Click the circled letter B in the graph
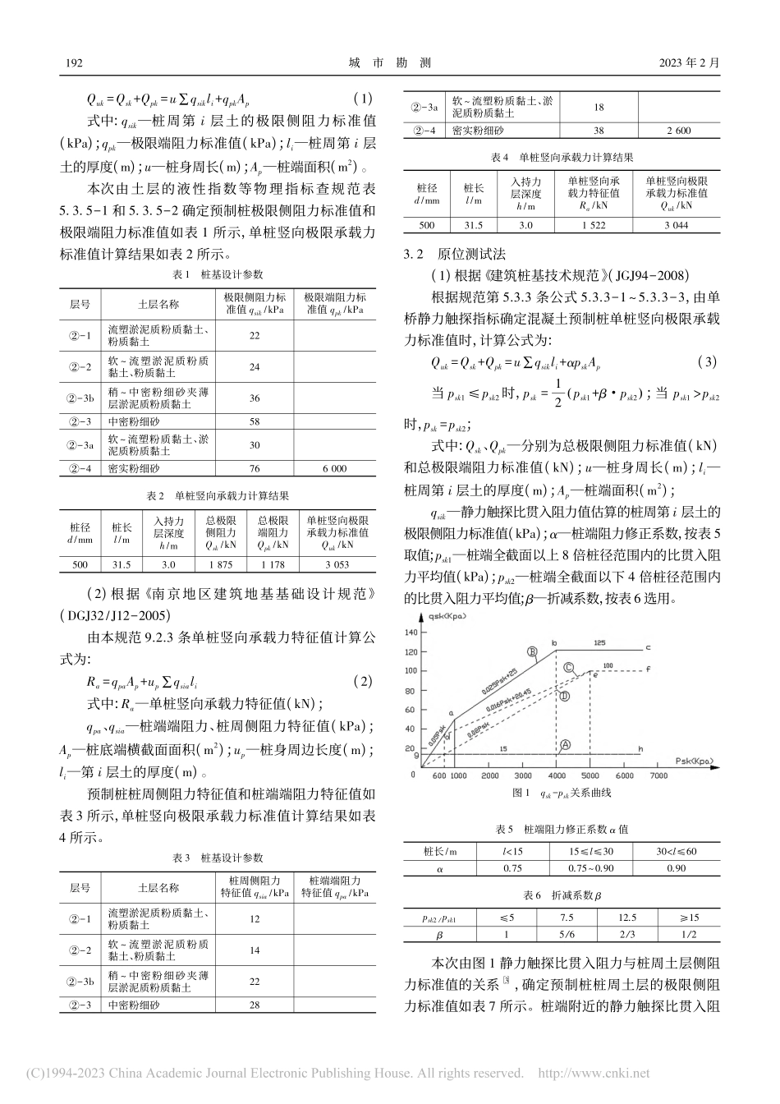532,652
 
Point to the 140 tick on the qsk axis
411,632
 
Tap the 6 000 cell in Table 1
333,468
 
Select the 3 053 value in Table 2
337,565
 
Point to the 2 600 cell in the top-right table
678,131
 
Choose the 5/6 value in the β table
566,935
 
